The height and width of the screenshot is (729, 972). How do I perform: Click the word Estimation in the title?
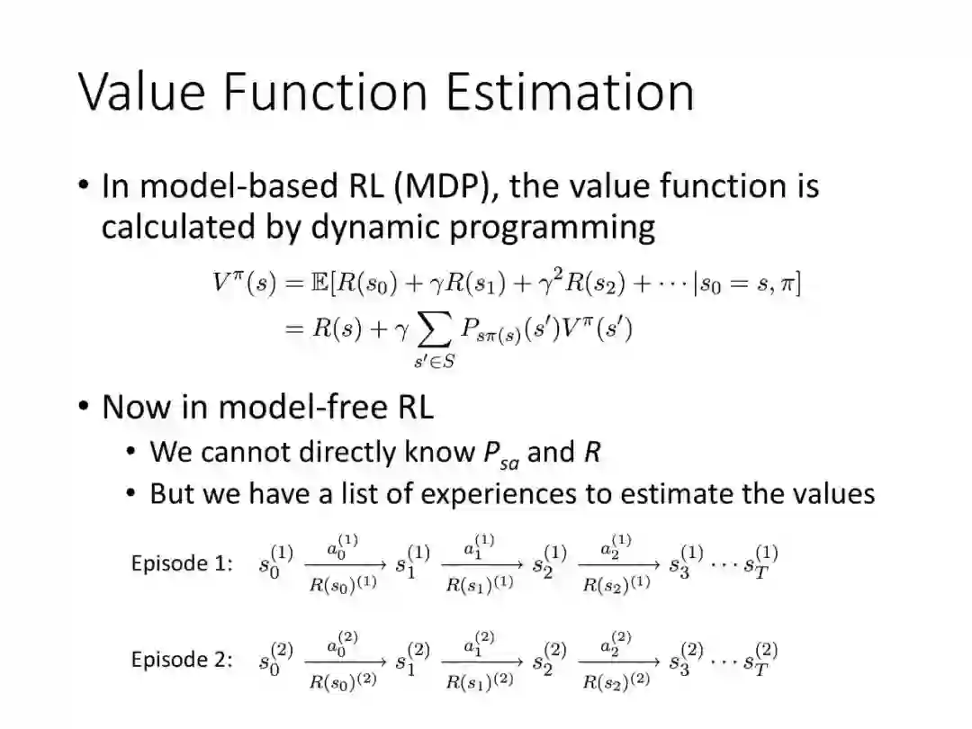tap(571, 92)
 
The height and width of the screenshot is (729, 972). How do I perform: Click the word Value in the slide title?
tap(141, 92)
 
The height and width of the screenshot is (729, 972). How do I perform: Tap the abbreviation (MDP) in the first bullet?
tap(445, 186)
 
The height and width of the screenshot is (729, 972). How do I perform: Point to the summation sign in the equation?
tap(435, 329)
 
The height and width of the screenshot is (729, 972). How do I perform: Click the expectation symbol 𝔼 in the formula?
tap(320, 283)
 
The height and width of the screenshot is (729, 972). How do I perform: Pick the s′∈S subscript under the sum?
tap(435, 361)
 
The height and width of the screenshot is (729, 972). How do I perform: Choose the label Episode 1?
tap(182, 562)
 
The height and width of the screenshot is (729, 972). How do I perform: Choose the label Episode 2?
tap(182, 659)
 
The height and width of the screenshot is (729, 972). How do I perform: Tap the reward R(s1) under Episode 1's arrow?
tap(480, 583)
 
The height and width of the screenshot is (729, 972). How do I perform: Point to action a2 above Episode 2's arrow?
tap(616, 643)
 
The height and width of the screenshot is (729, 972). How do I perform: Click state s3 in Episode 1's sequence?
tap(686, 561)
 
